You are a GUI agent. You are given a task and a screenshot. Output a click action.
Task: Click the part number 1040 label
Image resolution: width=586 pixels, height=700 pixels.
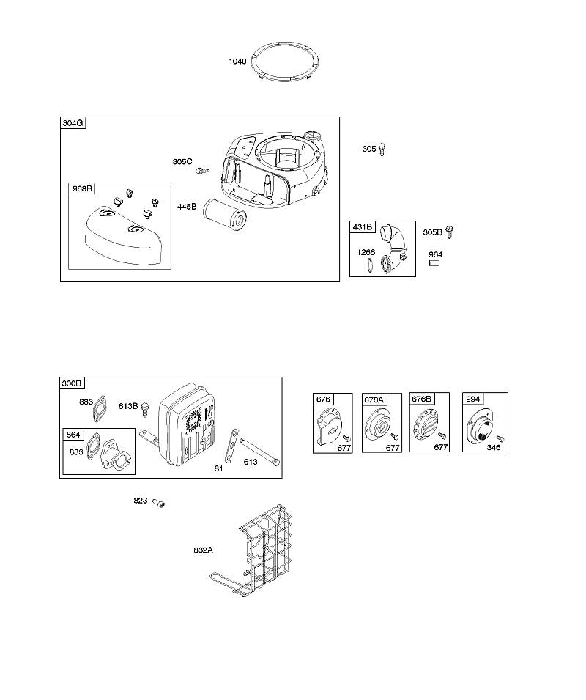pyautogui.click(x=237, y=62)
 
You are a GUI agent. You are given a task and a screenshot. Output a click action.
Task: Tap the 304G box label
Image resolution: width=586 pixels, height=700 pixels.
pyautogui.click(x=73, y=123)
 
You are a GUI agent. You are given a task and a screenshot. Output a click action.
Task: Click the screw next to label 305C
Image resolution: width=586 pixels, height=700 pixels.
pyautogui.click(x=202, y=170)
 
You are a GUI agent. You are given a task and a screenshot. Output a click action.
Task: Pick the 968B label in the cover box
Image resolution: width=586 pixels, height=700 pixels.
pyautogui.click(x=83, y=188)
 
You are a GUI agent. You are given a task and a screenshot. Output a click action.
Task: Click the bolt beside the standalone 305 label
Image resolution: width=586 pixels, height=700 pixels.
pyautogui.click(x=382, y=149)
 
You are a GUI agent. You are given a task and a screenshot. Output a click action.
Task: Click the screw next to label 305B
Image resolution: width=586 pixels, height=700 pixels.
pyautogui.click(x=450, y=232)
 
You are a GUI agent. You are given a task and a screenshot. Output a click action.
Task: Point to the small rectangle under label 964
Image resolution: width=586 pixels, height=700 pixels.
pyautogui.click(x=434, y=263)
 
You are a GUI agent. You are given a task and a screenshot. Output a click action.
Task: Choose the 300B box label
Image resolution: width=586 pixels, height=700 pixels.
pyautogui.click(x=72, y=383)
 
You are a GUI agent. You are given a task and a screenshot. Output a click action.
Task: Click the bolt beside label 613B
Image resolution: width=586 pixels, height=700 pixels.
pyautogui.click(x=145, y=410)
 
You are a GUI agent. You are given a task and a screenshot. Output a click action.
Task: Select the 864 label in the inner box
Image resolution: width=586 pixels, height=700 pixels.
pyautogui.click(x=73, y=435)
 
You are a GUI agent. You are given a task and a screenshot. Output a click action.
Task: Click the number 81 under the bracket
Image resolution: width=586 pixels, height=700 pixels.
pyautogui.click(x=218, y=468)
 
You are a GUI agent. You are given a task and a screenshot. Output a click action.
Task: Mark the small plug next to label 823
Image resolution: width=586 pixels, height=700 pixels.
pyautogui.click(x=158, y=503)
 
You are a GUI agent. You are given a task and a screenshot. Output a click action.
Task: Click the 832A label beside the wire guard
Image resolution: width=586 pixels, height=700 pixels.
pyautogui.click(x=204, y=550)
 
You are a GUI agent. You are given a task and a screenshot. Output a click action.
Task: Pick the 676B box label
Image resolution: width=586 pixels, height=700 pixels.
pyautogui.click(x=421, y=399)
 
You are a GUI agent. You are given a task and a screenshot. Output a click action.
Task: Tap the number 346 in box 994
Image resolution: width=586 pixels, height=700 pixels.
pyautogui.click(x=494, y=447)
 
